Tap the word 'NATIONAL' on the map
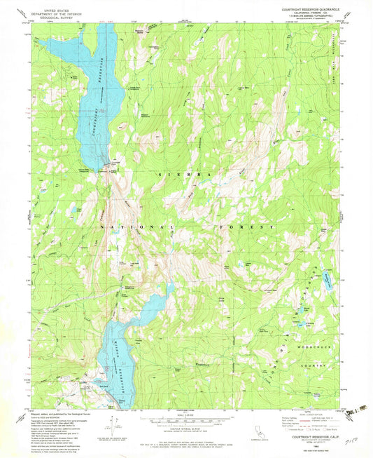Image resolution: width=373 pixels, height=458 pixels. (130, 227)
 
